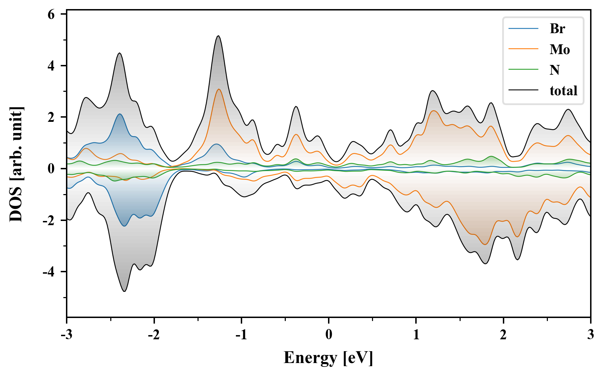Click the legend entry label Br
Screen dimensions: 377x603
pyautogui.click(x=557, y=29)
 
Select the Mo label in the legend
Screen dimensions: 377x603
pyautogui.click(x=560, y=50)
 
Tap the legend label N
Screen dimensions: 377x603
pyautogui.click(x=554, y=70)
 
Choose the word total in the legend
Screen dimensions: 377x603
pyautogui.click(x=563, y=91)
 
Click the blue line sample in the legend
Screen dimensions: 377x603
pyautogui.click(x=523, y=29)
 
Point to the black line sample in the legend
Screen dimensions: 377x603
pyautogui.click(x=523, y=90)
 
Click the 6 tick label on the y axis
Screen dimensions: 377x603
pyautogui.click(x=51, y=14)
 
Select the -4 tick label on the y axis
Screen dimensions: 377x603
pyautogui.click(x=49, y=272)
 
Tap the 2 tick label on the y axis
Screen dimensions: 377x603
pyautogui.click(x=51, y=117)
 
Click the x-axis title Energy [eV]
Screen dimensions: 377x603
pyautogui.click(x=328, y=358)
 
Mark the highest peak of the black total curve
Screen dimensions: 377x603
pyautogui.click(x=218, y=36)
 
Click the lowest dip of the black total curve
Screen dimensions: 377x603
pyautogui.click(x=125, y=291)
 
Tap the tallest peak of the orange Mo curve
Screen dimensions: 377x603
pyautogui.click(x=219, y=89)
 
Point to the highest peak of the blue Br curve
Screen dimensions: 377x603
pyautogui.click(x=120, y=114)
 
